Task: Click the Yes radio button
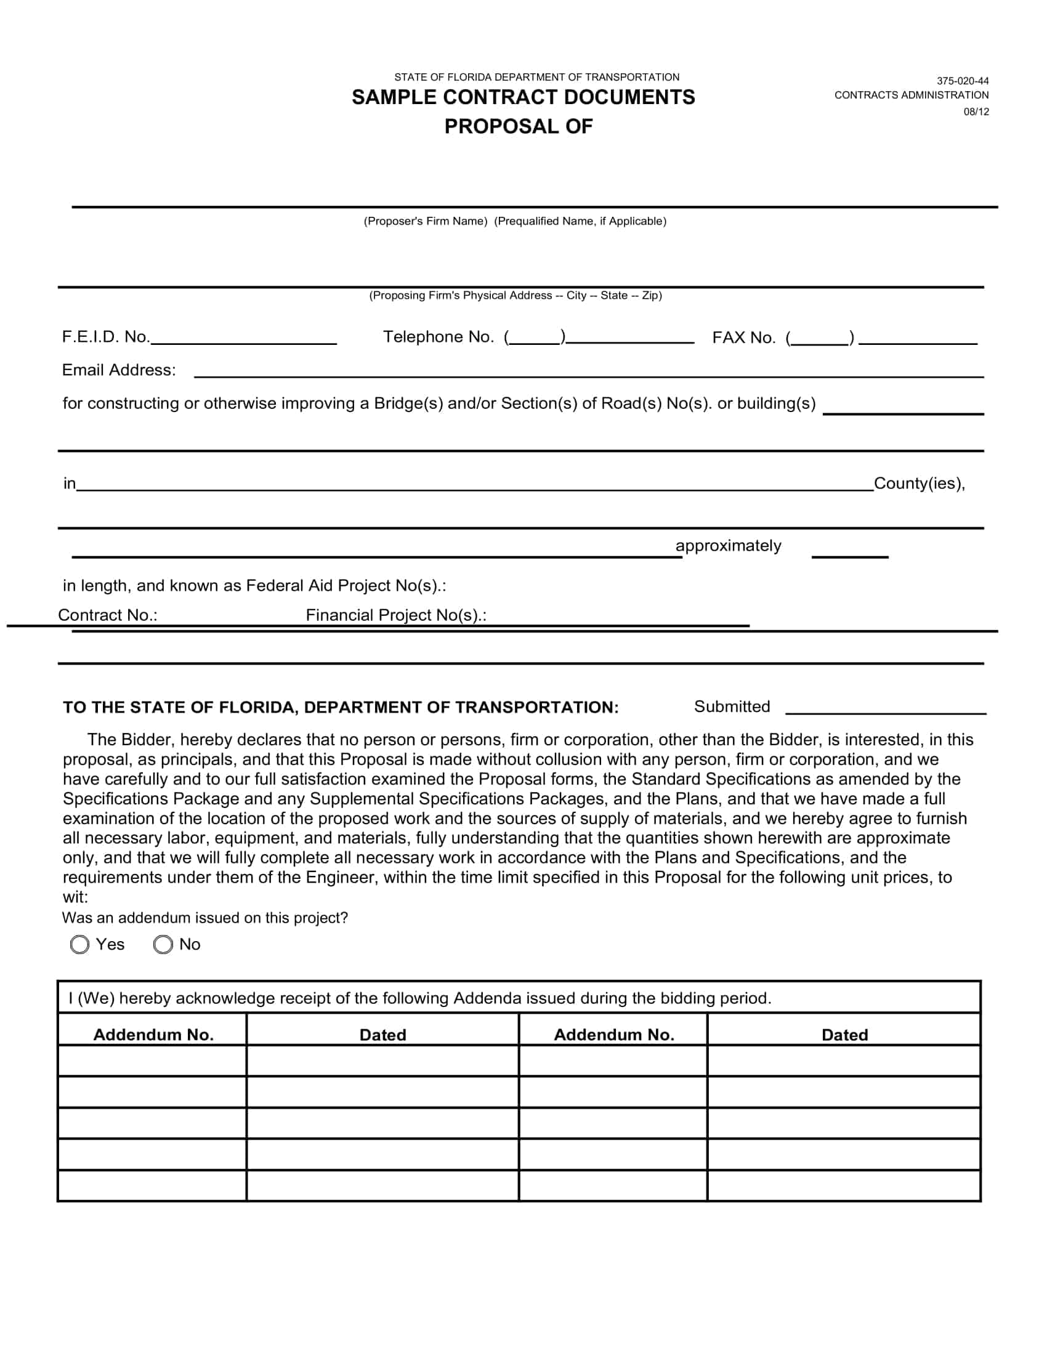point(79,944)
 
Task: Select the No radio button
point(163,944)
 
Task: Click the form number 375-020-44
point(962,81)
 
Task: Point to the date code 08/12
point(976,111)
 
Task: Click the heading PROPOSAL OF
point(519,126)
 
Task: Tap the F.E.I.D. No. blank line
point(244,339)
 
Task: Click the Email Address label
point(118,370)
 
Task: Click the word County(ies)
point(919,483)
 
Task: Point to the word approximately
point(728,546)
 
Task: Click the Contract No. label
point(107,615)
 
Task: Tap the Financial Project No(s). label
point(396,615)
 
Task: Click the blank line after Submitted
point(885,708)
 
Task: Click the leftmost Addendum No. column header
point(153,1035)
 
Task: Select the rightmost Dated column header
point(844,1035)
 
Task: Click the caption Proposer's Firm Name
point(426,222)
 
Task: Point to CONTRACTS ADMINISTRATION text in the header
point(911,95)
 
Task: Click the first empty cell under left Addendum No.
point(152,1061)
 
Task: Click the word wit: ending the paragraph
point(75,897)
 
